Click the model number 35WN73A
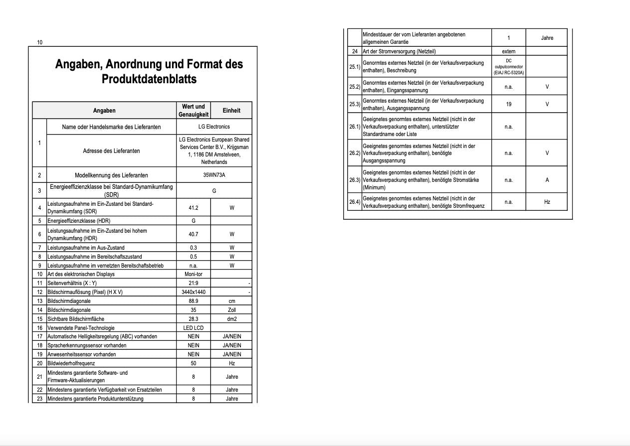[x=214, y=175]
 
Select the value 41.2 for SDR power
[x=194, y=208]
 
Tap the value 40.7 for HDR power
[x=194, y=234]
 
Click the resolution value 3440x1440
[x=194, y=292]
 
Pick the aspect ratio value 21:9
[x=194, y=283]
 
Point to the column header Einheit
[x=231, y=111]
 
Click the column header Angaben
[x=104, y=111]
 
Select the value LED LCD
[x=194, y=328]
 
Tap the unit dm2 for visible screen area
[x=232, y=319]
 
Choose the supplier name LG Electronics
[x=214, y=127]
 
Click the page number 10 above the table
[x=40, y=42]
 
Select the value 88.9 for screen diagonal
[x=194, y=301]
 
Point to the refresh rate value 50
[x=194, y=363]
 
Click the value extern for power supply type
[x=508, y=51]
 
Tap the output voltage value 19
[x=508, y=104]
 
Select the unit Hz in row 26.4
[x=547, y=202]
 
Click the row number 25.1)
[x=354, y=66]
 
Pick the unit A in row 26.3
[x=547, y=180]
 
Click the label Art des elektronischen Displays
[x=81, y=274]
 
